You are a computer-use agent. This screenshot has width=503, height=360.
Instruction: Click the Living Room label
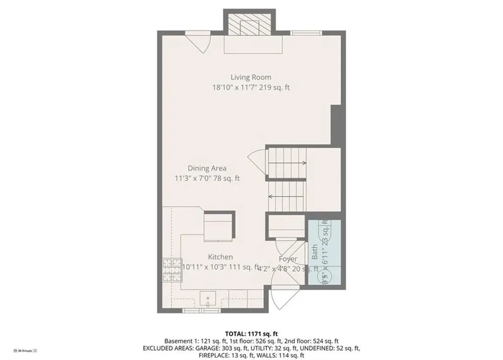click(x=251, y=77)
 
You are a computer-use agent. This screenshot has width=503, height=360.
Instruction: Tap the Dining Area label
click(x=207, y=168)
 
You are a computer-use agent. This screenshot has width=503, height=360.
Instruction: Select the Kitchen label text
click(x=220, y=257)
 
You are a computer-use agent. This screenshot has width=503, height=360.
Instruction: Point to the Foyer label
click(x=288, y=259)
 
